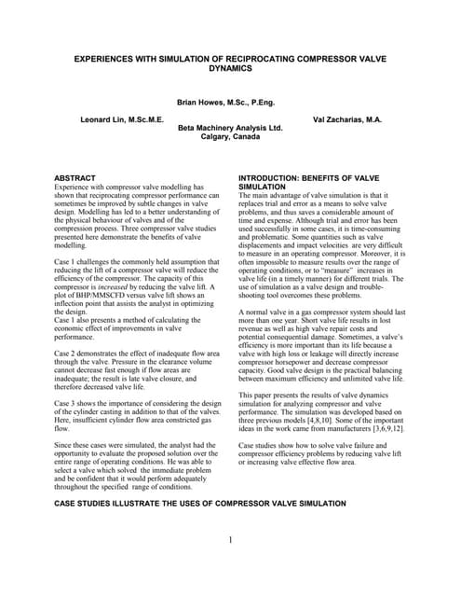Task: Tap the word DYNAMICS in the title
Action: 230,68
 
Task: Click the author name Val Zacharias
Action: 343,120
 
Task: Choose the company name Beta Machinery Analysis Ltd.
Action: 230,127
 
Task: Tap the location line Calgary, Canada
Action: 230,136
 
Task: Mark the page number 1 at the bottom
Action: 230,538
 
